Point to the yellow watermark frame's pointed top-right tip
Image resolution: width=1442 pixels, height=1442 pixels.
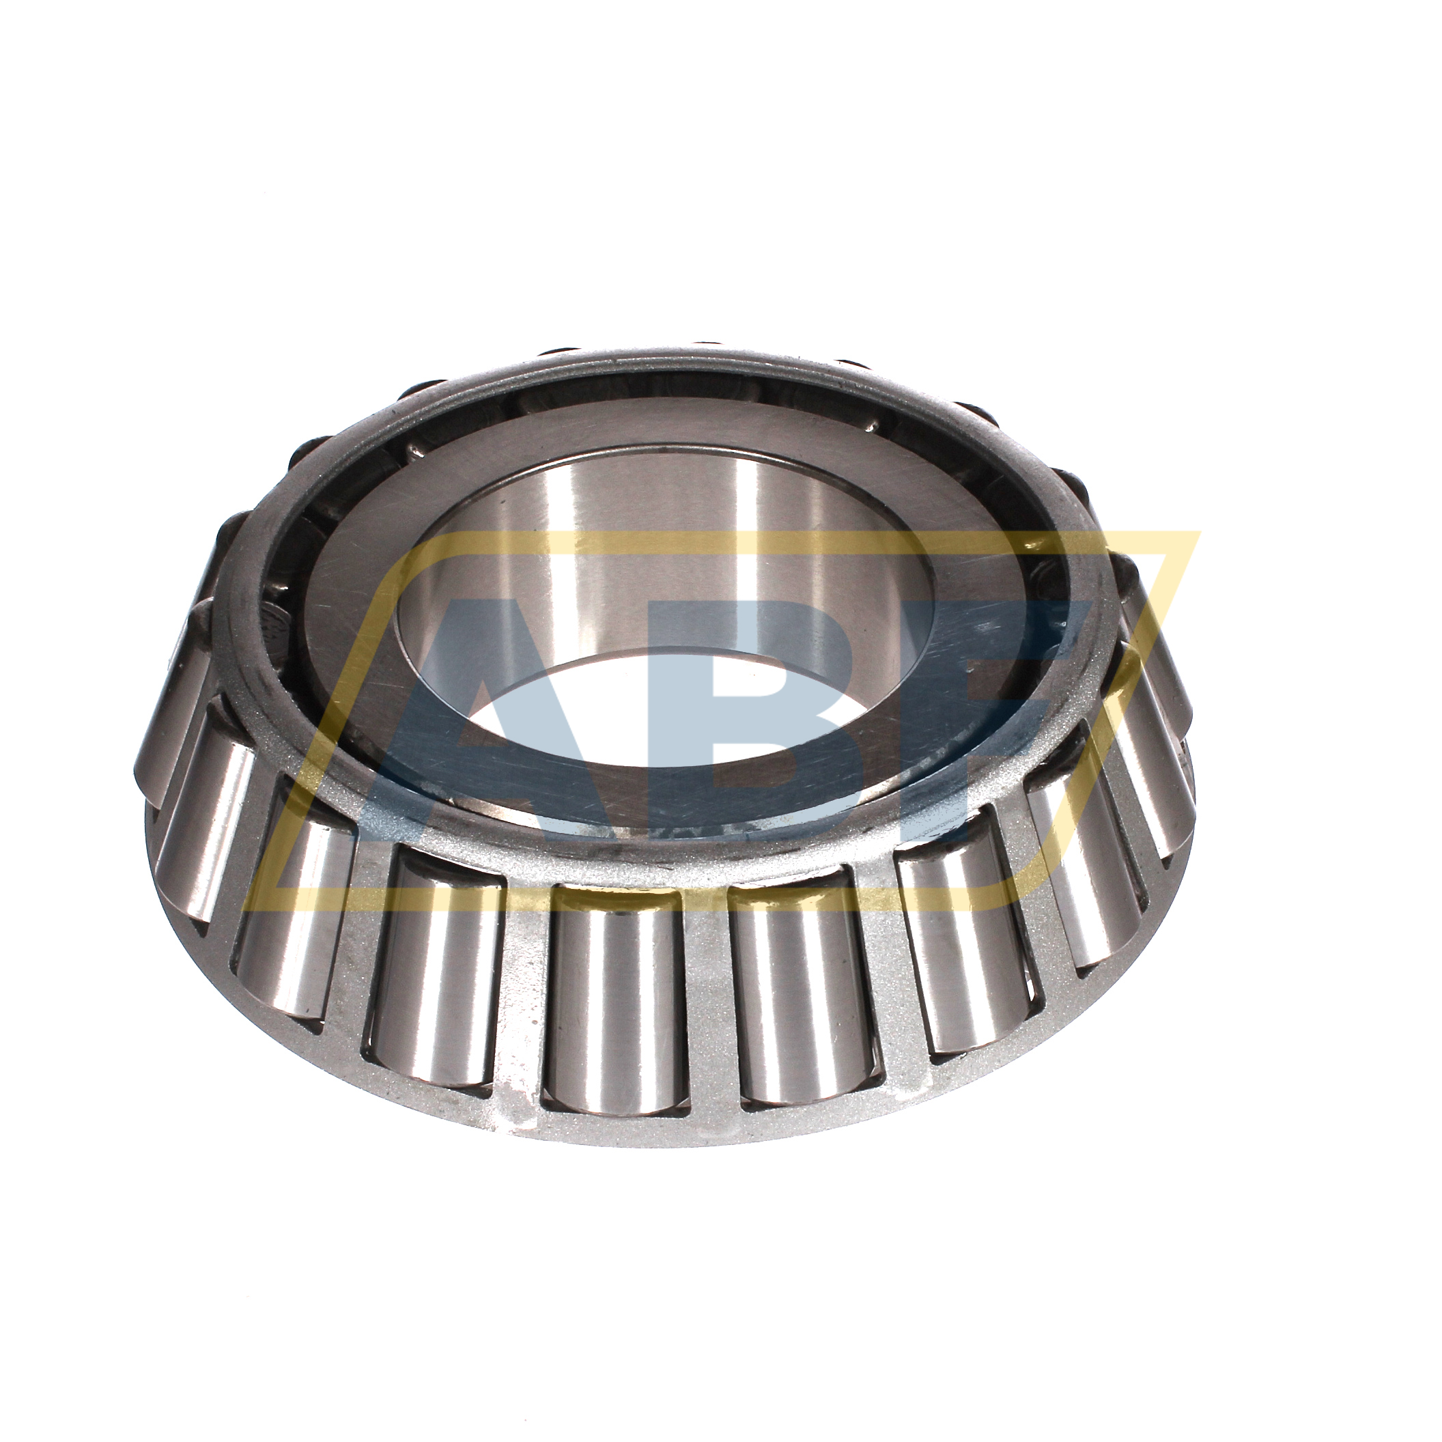pos(1199,535)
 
